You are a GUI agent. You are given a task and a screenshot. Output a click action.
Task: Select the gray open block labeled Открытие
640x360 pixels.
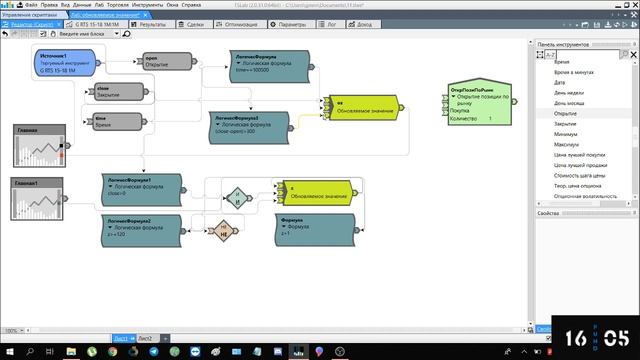[165, 63]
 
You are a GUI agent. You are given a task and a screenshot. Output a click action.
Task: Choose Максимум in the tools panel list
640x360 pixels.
[566, 144]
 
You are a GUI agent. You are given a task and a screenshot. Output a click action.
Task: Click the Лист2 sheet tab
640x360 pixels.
[145, 339]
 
